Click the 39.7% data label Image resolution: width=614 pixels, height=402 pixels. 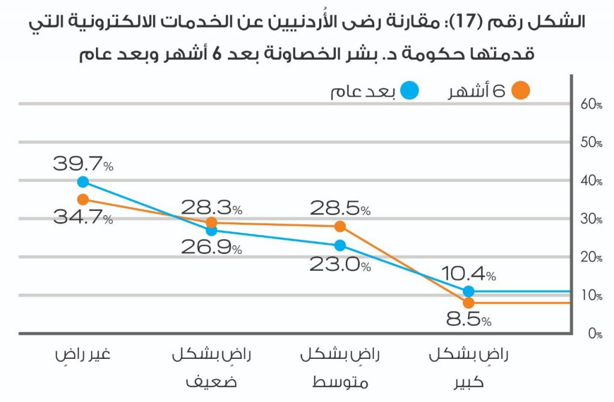point(83,164)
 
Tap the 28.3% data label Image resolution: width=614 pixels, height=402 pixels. point(212,208)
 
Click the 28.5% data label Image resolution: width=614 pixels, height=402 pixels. point(340,208)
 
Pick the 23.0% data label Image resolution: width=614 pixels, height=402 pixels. point(340,264)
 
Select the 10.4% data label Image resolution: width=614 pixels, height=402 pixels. point(468,274)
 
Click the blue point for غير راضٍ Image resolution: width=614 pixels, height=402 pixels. point(83,182)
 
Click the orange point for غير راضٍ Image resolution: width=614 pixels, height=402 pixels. point(83,200)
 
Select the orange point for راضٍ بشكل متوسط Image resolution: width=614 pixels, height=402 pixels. point(340,226)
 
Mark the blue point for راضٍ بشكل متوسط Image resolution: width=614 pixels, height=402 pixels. point(340,245)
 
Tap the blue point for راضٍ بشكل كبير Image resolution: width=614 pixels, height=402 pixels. point(469,291)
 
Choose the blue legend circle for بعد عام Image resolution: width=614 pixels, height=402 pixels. point(410,91)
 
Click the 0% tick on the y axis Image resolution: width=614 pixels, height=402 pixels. point(594,334)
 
